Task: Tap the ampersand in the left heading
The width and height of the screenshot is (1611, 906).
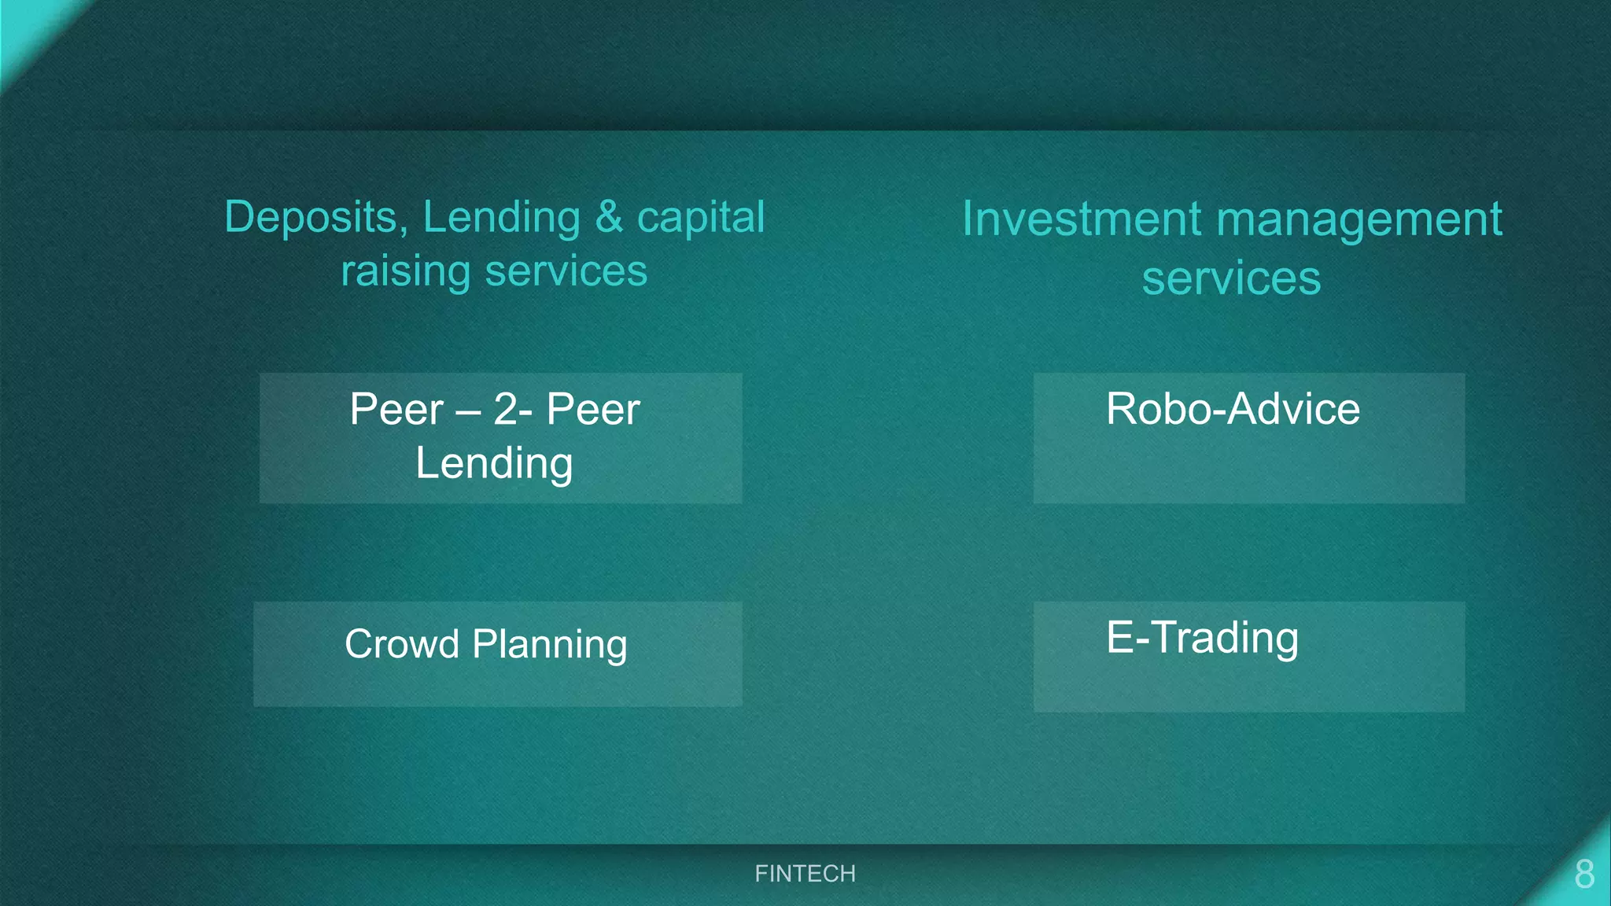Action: (x=609, y=217)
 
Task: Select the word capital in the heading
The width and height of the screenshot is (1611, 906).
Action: (x=701, y=218)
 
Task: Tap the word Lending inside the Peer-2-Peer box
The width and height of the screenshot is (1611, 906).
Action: (x=494, y=462)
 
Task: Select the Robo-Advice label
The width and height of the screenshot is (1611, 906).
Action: (x=1233, y=409)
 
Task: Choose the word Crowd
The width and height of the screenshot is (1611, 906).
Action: (x=402, y=644)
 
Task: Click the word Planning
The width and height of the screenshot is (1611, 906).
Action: (x=549, y=645)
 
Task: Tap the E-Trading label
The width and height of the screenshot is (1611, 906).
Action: (x=1202, y=638)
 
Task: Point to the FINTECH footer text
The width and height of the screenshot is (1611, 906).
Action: (x=805, y=874)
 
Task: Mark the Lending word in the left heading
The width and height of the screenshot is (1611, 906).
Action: (x=502, y=218)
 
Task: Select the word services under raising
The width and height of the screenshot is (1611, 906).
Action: (x=566, y=272)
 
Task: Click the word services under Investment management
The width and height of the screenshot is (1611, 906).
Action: (x=1231, y=278)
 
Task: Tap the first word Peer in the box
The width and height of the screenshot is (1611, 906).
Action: (x=396, y=410)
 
